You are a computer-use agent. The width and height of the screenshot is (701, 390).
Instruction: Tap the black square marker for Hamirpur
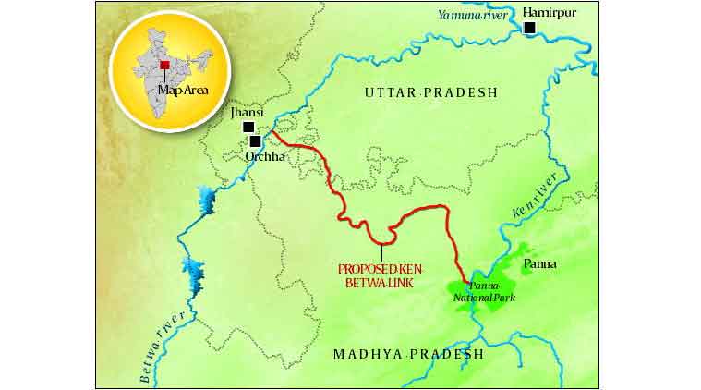pos(529,29)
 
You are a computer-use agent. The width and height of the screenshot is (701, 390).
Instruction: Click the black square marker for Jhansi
pos(248,128)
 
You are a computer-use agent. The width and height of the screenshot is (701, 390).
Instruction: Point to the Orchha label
pos(264,157)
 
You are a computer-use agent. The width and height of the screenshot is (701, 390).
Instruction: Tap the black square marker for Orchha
pos(255,142)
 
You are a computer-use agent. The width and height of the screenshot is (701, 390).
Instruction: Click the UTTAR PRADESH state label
pos(430,92)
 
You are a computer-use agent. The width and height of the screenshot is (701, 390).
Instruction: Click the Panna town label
pos(539,264)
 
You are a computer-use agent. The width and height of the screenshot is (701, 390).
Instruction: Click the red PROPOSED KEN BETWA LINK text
pos(381,275)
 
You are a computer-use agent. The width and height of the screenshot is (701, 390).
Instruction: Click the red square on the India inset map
pos(164,65)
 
